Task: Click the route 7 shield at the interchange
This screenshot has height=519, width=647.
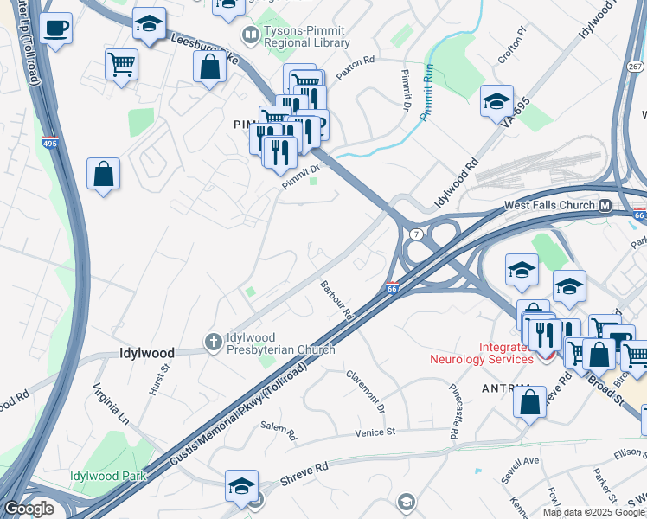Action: (x=416, y=234)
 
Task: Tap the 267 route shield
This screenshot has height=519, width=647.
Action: (x=635, y=67)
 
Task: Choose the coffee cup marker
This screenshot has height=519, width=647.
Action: (x=57, y=29)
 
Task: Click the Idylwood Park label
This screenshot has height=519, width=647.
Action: (x=109, y=476)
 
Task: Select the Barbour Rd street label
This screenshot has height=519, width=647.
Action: (x=336, y=301)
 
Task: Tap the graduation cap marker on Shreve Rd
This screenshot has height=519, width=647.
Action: (x=241, y=486)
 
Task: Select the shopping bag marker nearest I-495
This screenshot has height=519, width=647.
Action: (x=103, y=175)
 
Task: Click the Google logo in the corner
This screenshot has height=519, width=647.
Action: (x=29, y=509)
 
